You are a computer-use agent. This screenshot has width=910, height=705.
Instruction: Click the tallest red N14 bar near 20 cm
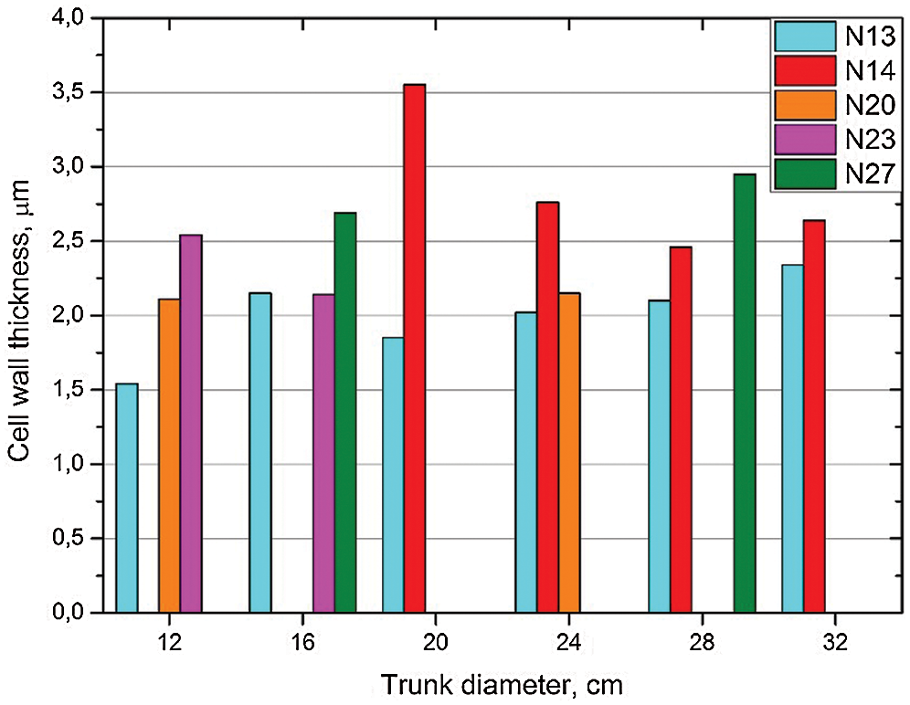[415, 348]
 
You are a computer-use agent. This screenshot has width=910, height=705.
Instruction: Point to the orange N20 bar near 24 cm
[569, 452]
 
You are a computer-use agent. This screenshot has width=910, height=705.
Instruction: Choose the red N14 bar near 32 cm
[814, 416]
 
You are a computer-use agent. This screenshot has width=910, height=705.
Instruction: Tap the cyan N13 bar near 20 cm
[393, 475]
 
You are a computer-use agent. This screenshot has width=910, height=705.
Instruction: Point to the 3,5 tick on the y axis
[77, 92]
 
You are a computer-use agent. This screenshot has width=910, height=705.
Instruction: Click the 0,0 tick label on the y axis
[77, 613]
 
